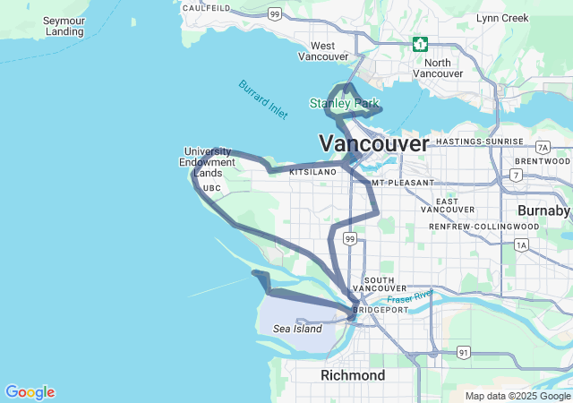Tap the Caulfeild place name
point(206,8)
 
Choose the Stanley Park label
point(344,104)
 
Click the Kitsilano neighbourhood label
point(312,171)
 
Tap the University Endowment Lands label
point(207,162)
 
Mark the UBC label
point(211,189)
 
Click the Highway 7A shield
point(543,147)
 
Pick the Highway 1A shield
point(521,244)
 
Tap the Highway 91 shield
point(463,353)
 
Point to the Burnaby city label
point(543,210)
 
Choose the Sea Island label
point(297,329)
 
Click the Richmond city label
point(353,374)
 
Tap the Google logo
point(30,392)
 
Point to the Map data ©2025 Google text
point(517,396)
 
